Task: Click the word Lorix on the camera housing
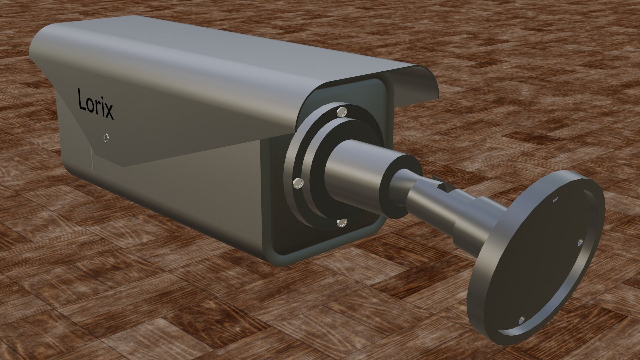click(x=96, y=104)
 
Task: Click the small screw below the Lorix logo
click(x=106, y=137)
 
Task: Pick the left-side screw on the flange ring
click(x=297, y=183)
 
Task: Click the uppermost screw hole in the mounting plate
click(x=555, y=199)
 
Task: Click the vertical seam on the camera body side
click(x=93, y=167)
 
